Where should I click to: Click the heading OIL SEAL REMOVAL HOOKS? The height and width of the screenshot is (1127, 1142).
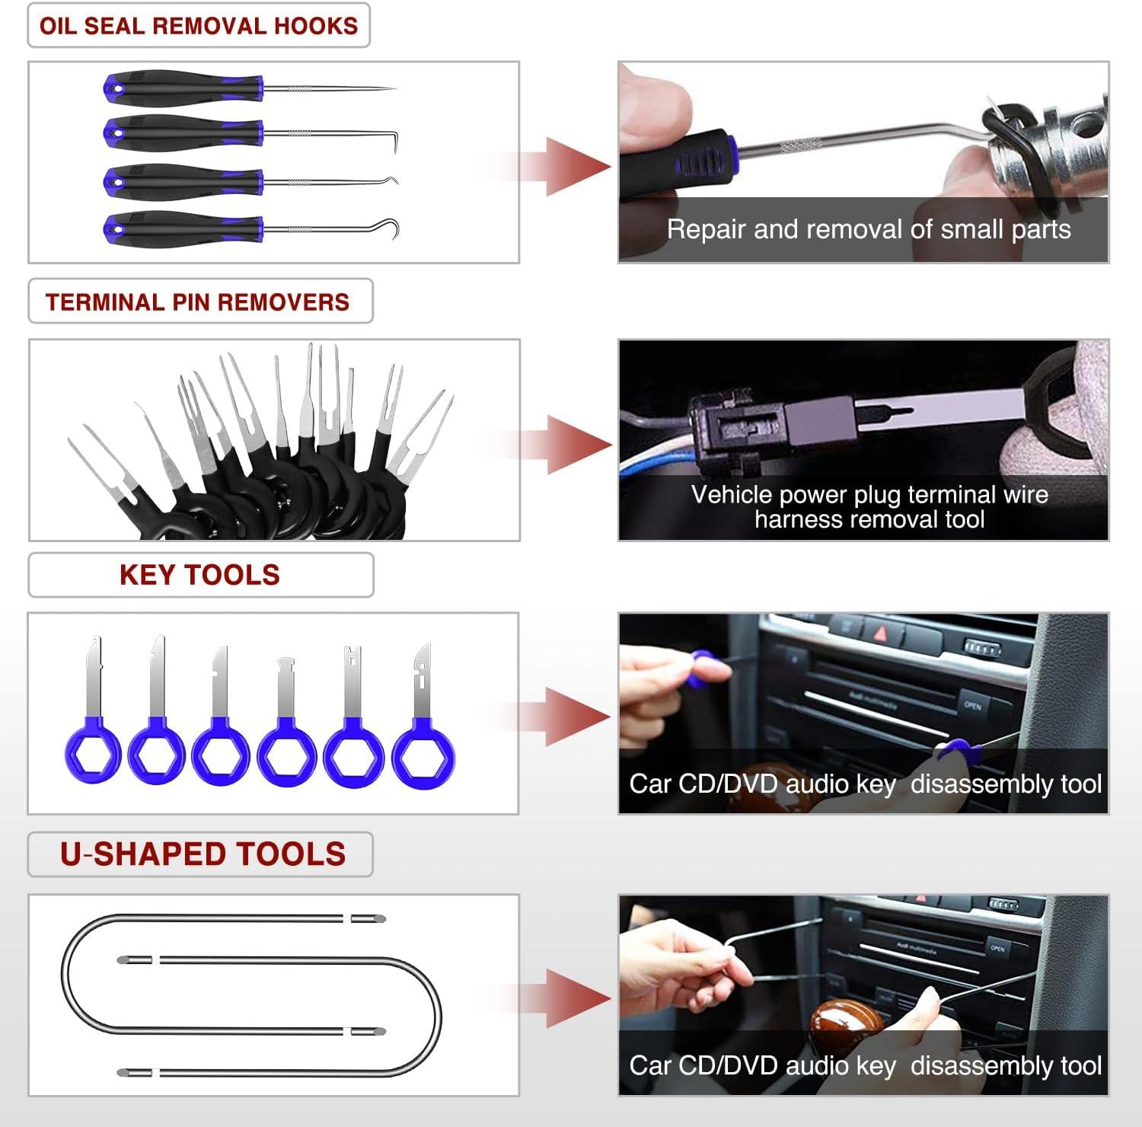point(199,25)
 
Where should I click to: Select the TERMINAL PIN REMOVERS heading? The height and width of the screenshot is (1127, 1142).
point(198,302)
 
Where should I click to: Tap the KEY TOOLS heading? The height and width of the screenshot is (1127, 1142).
point(199,575)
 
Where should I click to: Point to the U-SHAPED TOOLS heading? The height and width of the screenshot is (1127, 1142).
point(203,854)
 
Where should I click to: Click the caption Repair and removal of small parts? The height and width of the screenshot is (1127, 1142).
point(868,229)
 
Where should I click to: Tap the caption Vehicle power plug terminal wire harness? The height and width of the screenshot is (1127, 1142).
point(869,506)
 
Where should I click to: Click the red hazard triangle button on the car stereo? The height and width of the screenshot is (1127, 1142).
point(881,632)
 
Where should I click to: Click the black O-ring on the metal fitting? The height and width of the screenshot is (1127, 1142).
point(1005,133)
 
